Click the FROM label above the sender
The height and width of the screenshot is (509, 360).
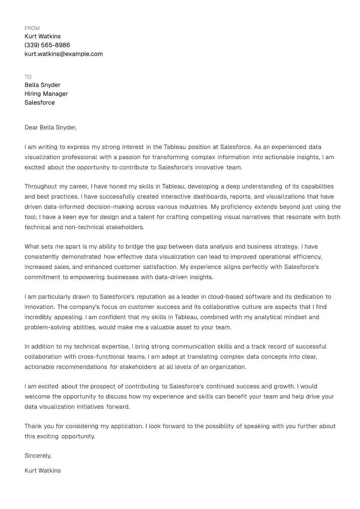pyautogui.click(x=32, y=28)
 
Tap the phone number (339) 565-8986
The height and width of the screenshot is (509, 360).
pyautogui.click(x=47, y=45)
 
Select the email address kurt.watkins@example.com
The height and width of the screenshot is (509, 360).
pyautogui.click(x=64, y=54)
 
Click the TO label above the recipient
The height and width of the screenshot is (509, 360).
pyautogui.click(x=28, y=77)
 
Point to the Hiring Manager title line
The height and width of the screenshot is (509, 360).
pyautogui.click(x=46, y=94)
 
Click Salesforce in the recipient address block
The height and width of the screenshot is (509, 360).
pyautogui.click(x=39, y=103)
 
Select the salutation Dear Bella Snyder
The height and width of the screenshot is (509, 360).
pyautogui.click(x=50, y=128)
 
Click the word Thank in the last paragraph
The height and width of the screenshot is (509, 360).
pyautogui.click(x=33, y=426)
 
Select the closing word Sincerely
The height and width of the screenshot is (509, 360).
pyautogui.click(x=38, y=456)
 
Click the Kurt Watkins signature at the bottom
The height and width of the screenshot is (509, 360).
pyautogui.click(x=43, y=471)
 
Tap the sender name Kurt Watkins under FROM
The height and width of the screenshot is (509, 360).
pyautogui.click(x=43, y=36)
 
